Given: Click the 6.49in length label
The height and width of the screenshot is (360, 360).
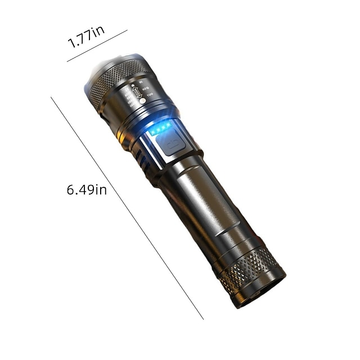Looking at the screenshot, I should pos(87,190).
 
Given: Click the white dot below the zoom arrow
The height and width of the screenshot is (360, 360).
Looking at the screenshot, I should pos(142,101).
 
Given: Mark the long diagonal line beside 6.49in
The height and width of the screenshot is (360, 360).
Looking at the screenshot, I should pos(127,208).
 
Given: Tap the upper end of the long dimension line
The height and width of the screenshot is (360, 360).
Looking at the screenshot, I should pos(52,98).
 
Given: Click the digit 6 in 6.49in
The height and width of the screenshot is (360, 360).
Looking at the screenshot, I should pos(71,190).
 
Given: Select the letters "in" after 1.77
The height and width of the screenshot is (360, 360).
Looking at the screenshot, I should pos(98,34).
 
